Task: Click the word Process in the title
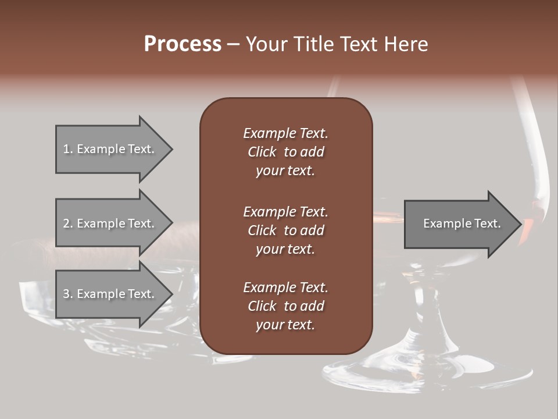183,44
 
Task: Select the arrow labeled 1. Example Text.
113,149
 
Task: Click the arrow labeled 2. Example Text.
113,223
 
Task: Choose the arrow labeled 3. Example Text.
113,294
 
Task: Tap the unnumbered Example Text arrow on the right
462,223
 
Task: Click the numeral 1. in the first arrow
68,149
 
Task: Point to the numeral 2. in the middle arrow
68,223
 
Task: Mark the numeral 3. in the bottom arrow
68,294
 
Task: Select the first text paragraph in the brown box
285,152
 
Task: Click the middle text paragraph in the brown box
285,230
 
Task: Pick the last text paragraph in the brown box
285,306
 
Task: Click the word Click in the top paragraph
262,152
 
